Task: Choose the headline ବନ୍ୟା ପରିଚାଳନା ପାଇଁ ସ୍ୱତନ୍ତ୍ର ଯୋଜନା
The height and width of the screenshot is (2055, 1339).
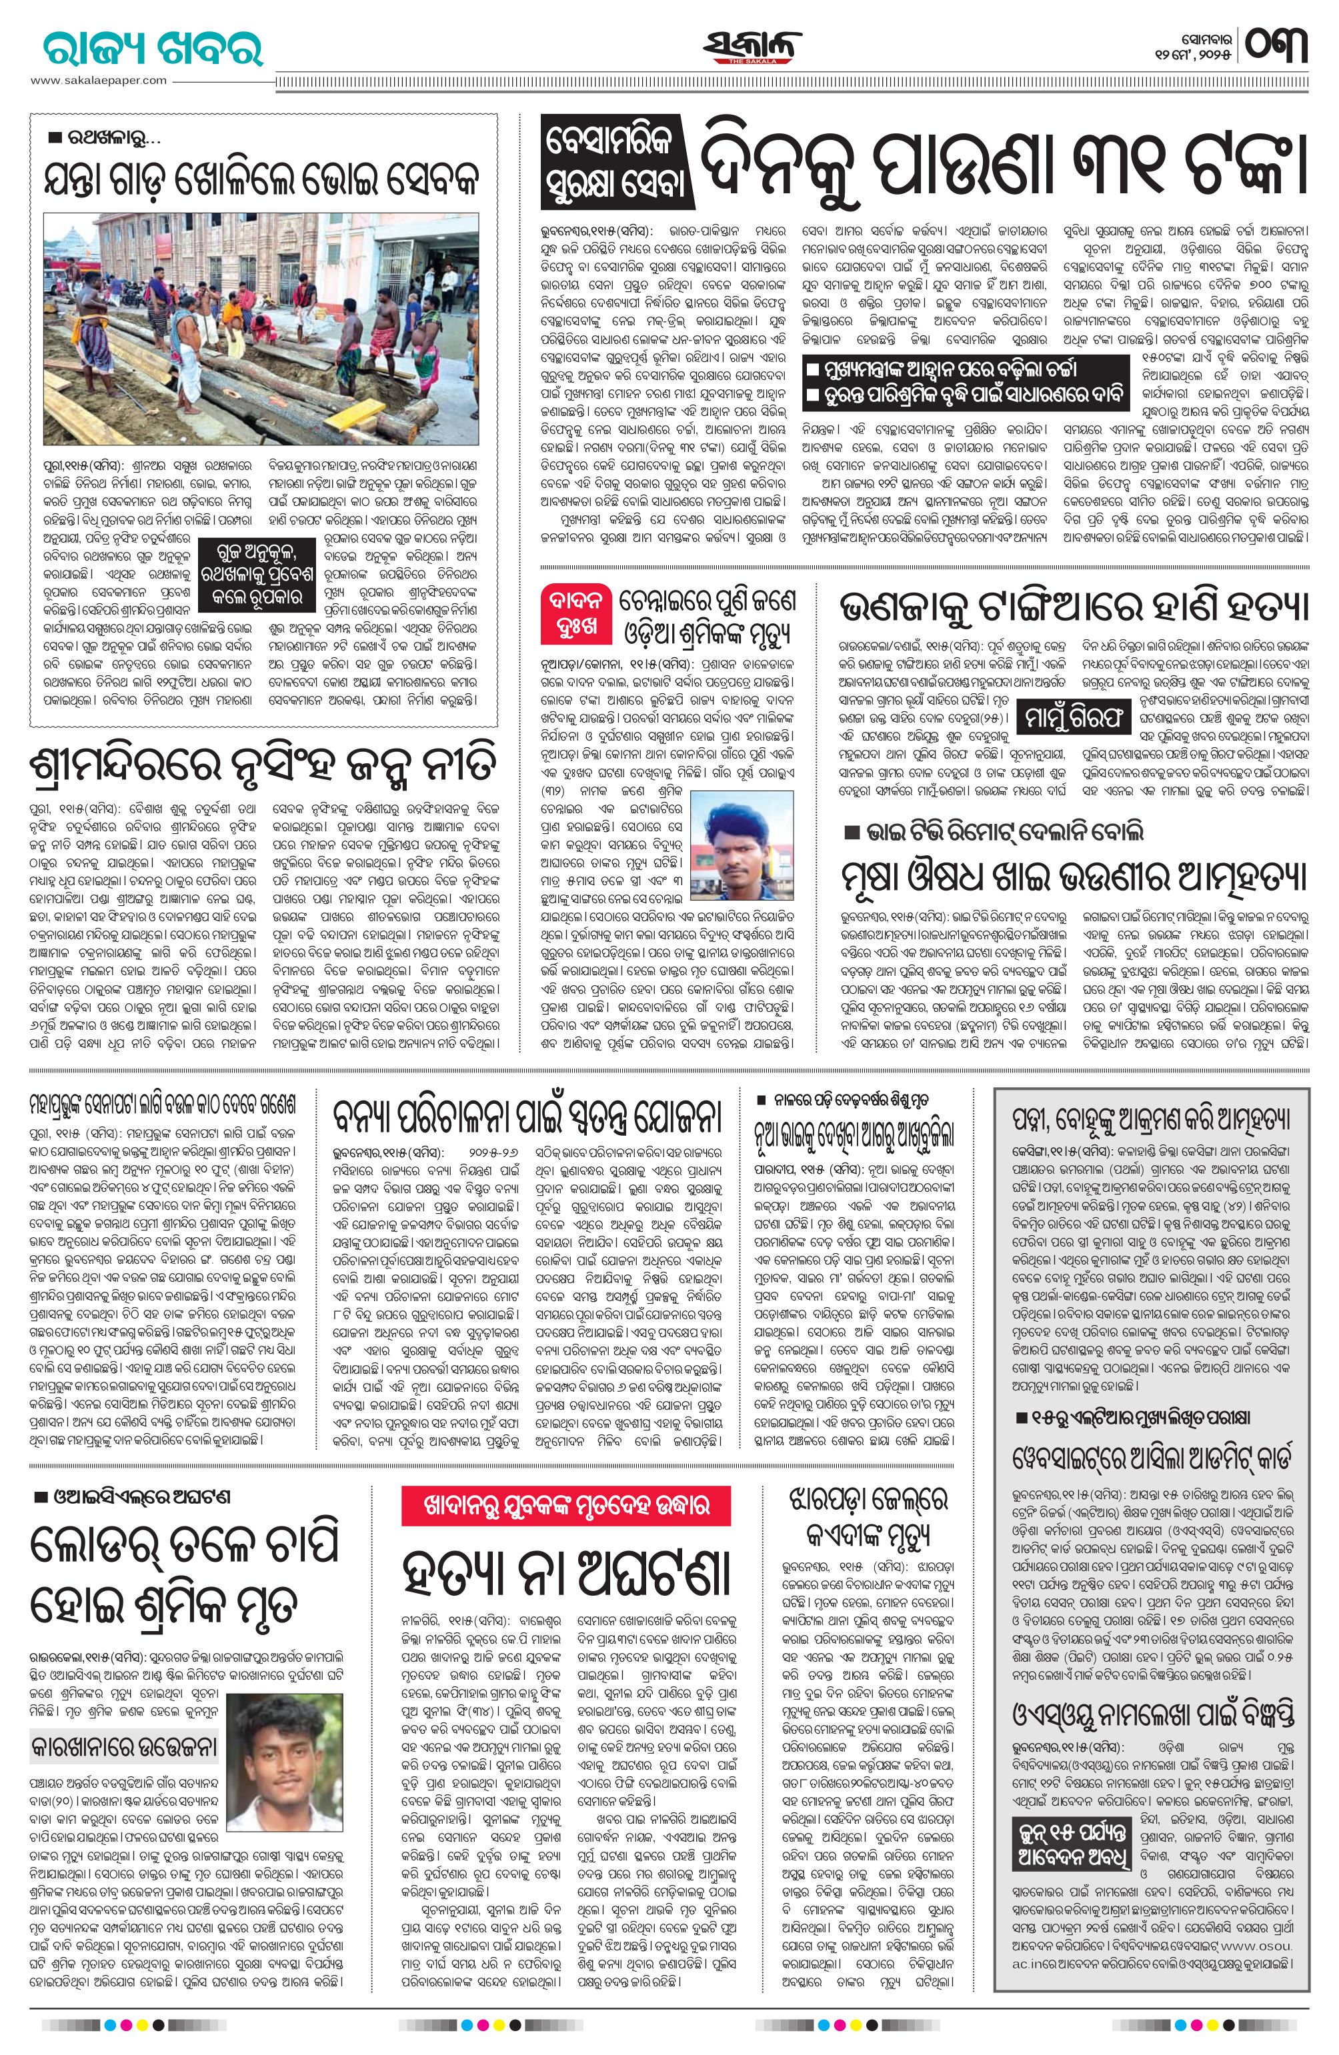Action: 529,1118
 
